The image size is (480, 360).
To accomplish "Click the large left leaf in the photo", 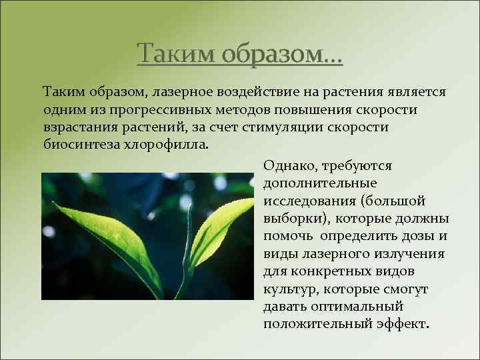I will pos(113,240).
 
